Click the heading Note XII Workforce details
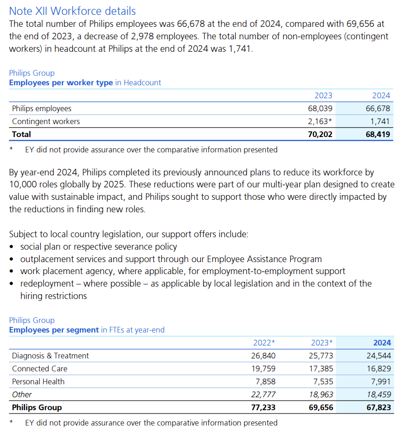pos(72,11)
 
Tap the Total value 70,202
pos(320,135)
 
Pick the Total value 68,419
pos(378,135)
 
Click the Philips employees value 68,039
pos(320,109)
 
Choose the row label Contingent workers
pos(46,121)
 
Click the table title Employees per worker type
pos(61,82)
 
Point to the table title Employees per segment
pos(54,330)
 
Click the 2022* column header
pos(264,343)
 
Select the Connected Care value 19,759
pos(263,368)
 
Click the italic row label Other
pos(22,394)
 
